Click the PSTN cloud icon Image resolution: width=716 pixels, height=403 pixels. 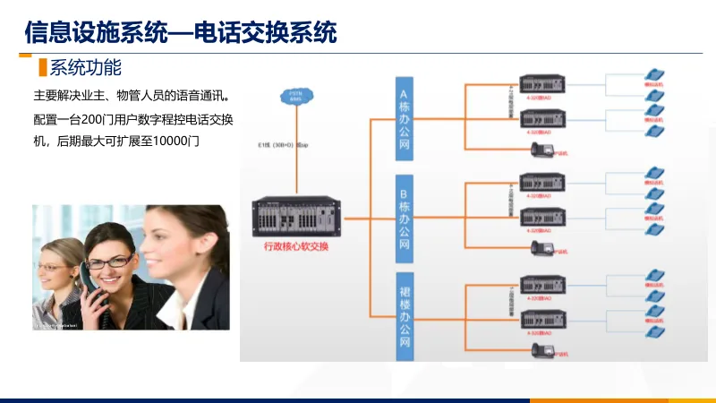tap(295, 96)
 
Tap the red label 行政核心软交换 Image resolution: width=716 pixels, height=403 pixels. tap(295, 247)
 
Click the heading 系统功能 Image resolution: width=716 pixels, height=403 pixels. tap(85, 67)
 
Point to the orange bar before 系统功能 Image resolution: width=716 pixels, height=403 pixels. tap(41, 67)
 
